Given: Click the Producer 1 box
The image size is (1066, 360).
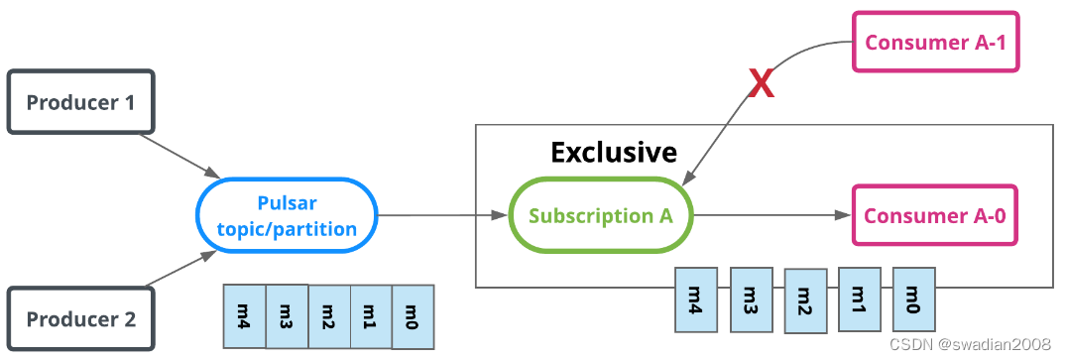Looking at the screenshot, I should [x=81, y=102].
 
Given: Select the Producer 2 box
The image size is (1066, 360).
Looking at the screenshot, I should [x=81, y=318].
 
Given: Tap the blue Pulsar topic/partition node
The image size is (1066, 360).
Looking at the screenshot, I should [x=287, y=215].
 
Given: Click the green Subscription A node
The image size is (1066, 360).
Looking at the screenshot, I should [x=601, y=215].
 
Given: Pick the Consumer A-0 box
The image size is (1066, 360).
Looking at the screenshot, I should [x=935, y=215].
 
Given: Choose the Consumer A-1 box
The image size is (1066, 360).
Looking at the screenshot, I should [x=936, y=42].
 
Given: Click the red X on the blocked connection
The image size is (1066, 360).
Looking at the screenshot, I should [x=761, y=85].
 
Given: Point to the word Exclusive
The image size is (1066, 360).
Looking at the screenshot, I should [x=614, y=152].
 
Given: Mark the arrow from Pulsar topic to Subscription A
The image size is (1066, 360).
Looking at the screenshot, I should [x=442, y=215].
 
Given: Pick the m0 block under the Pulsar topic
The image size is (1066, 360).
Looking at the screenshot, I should [x=414, y=316].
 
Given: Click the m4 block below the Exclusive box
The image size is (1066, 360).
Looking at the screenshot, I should [x=695, y=300].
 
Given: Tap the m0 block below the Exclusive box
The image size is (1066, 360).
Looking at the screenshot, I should [x=913, y=300].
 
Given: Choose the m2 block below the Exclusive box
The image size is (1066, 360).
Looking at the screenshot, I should [x=804, y=300].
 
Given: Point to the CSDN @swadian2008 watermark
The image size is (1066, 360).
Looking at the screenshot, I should [x=969, y=344].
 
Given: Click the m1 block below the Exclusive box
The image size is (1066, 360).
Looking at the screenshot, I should [x=859, y=300].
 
